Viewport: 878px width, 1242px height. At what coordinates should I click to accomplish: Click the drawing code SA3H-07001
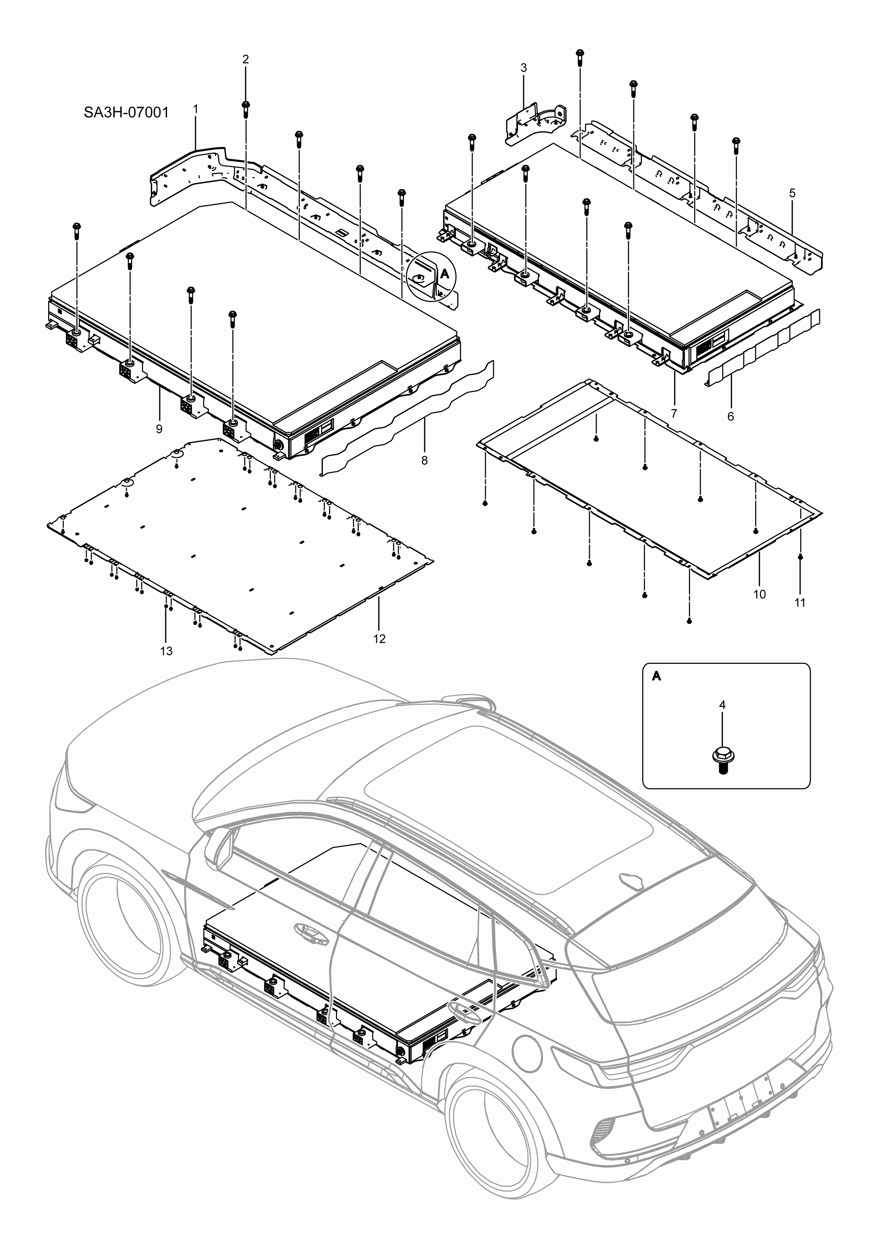click(126, 113)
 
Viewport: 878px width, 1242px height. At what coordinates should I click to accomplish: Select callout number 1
click(195, 109)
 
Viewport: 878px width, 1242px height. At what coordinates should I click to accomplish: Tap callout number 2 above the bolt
click(245, 59)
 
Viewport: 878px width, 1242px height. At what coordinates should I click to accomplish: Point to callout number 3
click(523, 68)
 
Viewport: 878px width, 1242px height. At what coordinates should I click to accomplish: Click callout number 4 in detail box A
click(722, 705)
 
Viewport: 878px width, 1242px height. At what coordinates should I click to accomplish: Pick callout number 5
click(792, 193)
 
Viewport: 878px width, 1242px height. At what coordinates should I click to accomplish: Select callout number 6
click(730, 416)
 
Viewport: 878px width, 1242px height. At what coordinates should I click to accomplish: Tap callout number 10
click(759, 594)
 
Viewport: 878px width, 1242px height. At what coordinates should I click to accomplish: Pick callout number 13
click(166, 651)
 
